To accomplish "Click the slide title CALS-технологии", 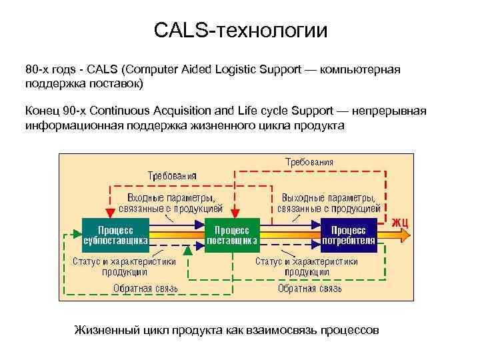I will coord(241,31).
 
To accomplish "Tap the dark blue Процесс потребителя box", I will coord(349,235).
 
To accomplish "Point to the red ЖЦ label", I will coord(399,221).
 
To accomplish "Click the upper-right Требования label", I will coord(309,162).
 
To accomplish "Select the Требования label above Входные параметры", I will coord(172,176).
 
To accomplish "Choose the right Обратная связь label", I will coord(310,289).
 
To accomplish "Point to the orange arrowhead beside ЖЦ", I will coord(408,234).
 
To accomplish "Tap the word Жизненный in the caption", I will coord(104,331).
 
